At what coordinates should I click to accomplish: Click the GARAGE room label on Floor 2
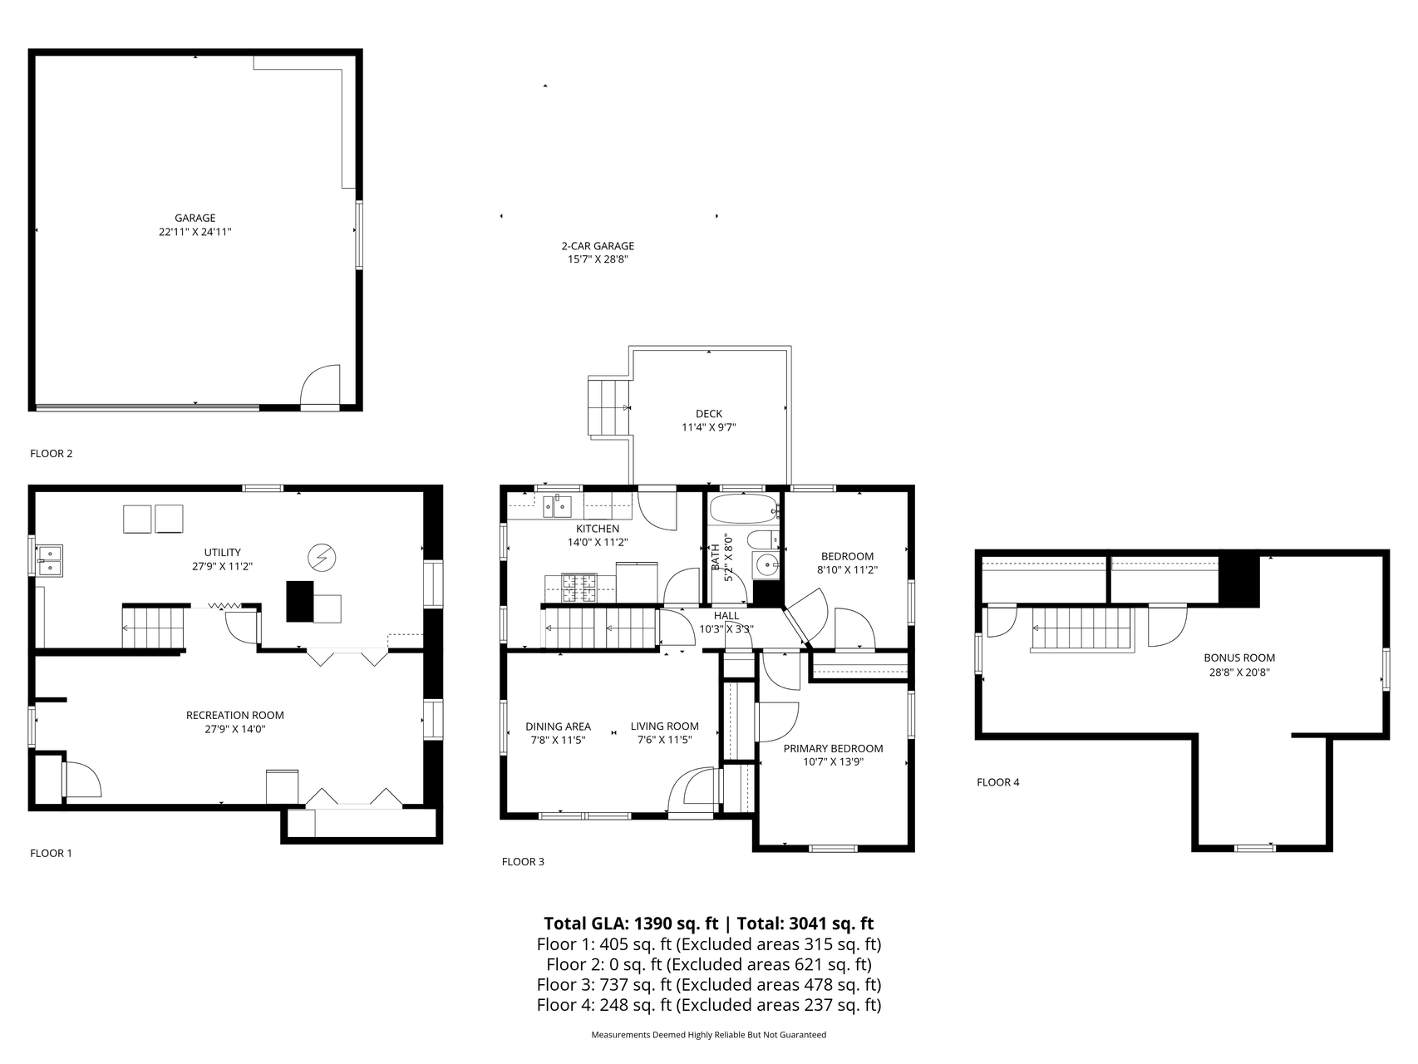tap(195, 219)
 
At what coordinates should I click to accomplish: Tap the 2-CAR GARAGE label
tap(598, 246)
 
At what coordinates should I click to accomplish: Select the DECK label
tap(709, 414)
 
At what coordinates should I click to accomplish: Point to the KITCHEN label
tap(598, 529)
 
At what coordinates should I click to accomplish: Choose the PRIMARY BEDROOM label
tap(833, 748)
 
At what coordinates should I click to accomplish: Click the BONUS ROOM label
tap(1239, 658)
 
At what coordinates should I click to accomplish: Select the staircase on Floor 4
tap(1082, 630)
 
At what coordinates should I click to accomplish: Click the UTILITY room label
tap(222, 552)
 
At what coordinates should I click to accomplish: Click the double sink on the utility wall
tap(51, 560)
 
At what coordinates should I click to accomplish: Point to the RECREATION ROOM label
tap(234, 715)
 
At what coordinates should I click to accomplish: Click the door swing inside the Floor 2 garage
tap(320, 385)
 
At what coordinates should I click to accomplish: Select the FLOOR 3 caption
tap(523, 862)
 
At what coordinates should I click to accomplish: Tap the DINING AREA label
tap(558, 727)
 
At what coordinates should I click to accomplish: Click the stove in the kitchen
tap(579, 588)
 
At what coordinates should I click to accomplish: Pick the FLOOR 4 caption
tap(997, 782)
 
